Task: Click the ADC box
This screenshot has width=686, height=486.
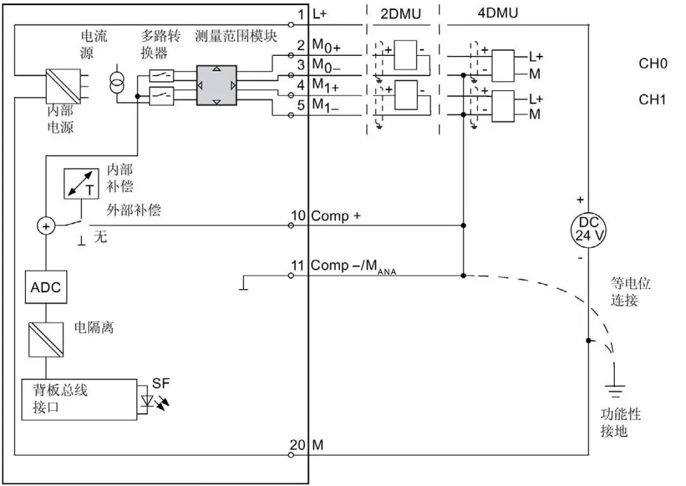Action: coord(46,287)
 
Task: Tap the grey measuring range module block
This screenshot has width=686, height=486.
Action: coord(216,84)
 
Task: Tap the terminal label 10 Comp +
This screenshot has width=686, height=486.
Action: coord(326,216)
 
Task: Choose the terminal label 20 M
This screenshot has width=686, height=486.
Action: coord(307,445)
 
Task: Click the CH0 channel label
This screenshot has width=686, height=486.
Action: coord(652,64)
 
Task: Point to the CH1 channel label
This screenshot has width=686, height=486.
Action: coord(652,100)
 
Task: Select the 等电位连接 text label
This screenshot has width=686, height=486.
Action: coord(631,292)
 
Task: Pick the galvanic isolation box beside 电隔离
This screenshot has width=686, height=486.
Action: coord(46,341)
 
